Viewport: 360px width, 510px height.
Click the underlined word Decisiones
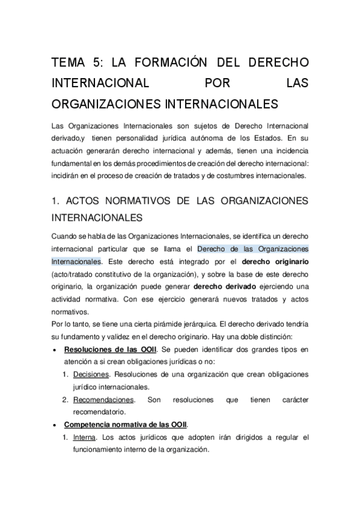(91, 374)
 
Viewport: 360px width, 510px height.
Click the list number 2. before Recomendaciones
(67, 400)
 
